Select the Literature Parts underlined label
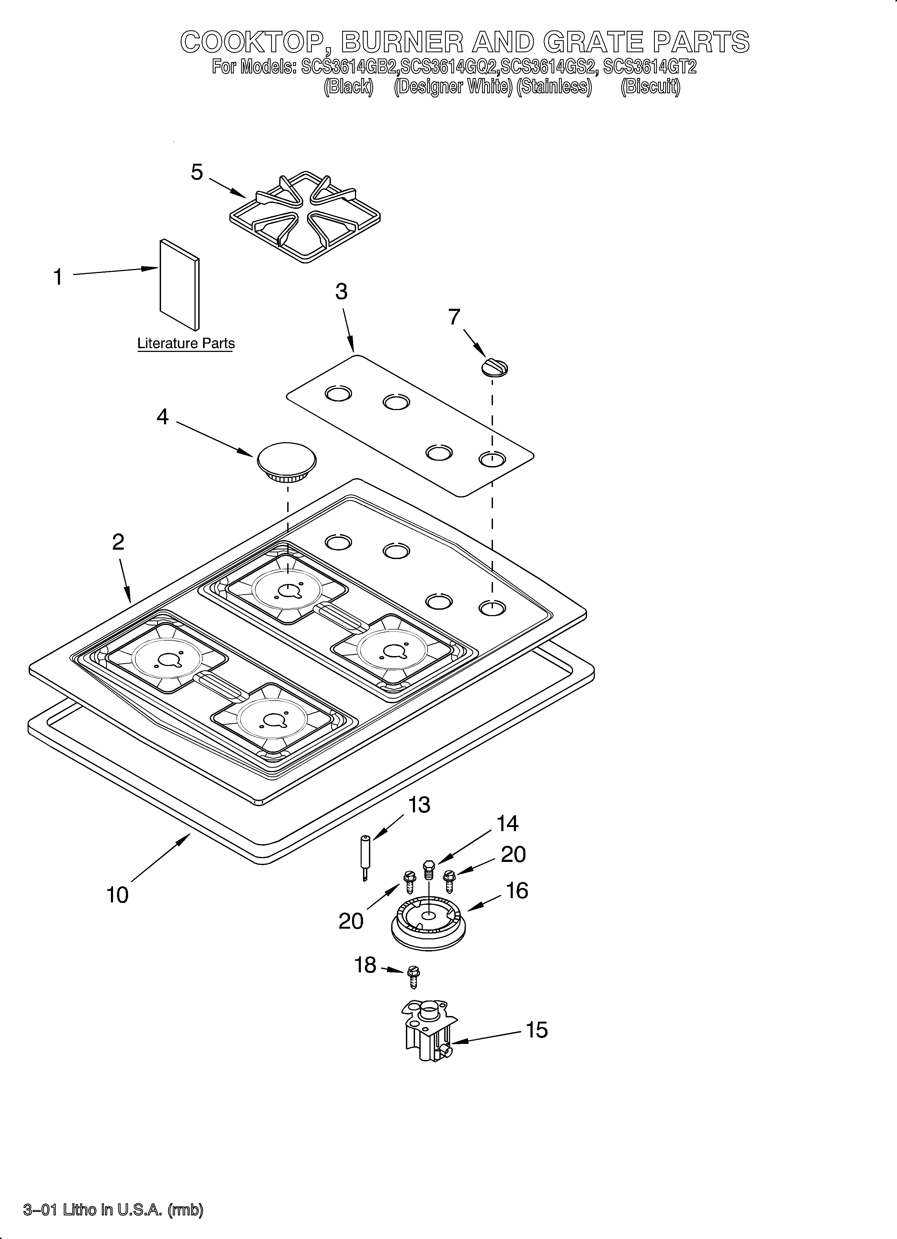[x=186, y=344]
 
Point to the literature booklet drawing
[x=179, y=284]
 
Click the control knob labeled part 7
[x=494, y=367]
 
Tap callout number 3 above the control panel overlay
[x=341, y=292]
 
